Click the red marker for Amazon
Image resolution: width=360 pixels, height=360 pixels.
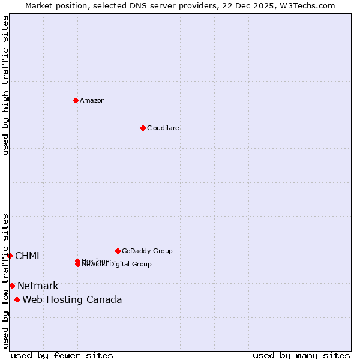coord(76,100)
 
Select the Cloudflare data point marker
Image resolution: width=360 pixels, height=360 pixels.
coord(143,128)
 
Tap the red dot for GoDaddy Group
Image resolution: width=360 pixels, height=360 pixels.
coord(118,251)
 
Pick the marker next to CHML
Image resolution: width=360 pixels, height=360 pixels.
coord(10,256)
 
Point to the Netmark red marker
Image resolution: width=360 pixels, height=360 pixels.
coord(12,286)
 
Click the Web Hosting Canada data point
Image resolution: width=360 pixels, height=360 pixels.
coord(17,299)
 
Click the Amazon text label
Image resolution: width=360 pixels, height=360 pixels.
coord(92,100)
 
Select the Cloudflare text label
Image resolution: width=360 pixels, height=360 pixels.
coord(163,128)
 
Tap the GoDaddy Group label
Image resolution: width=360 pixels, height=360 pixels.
coord(147,251)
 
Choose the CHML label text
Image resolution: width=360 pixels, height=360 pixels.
coord(28,256)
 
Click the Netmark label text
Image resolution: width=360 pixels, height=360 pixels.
coord(38,286)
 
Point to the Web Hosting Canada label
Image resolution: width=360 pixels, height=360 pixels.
coord(72,300)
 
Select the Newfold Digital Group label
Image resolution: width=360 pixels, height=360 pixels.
coord(117,265)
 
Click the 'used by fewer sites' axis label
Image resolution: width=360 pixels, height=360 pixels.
coord(62,356)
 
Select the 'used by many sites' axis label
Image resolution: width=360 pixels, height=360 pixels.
coord(301,356)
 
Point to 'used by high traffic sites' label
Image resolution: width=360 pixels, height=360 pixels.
coord(5,85)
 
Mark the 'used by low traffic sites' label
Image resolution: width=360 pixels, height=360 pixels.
coord(5,281)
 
